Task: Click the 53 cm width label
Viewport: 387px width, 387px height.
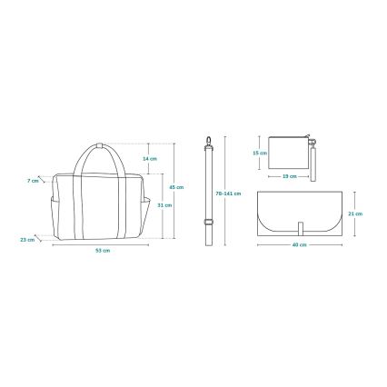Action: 104,250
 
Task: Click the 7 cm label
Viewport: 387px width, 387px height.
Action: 34,180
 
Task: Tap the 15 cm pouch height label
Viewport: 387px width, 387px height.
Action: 259,153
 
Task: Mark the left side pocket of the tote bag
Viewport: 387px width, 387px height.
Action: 57,213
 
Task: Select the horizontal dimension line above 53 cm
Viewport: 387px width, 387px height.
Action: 104,244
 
